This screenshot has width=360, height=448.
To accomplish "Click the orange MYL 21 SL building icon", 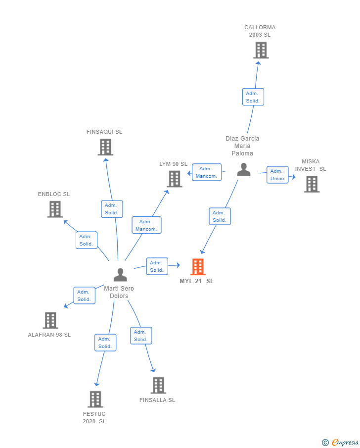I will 198,267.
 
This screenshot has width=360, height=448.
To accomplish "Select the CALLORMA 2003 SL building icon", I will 261,50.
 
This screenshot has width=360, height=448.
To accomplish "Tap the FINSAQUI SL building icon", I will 105,147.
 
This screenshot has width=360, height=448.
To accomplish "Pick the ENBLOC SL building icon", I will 55,209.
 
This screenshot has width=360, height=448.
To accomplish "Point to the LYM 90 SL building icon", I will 175,179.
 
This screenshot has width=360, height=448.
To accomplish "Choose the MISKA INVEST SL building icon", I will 312,184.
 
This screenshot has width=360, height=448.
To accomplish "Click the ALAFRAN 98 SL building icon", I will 50,320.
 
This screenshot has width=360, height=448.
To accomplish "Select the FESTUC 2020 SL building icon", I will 95,399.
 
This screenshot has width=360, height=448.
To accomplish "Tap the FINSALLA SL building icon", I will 158,385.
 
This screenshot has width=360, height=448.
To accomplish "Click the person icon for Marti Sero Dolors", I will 120,275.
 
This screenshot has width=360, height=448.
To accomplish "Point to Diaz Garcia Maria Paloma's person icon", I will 243,170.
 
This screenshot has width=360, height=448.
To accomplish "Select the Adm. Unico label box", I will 277,175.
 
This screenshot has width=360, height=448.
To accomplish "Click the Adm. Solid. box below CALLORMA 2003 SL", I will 253,97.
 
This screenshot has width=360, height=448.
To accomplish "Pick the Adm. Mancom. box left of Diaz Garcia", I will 206,172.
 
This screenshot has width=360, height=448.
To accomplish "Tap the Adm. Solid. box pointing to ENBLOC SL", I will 87,240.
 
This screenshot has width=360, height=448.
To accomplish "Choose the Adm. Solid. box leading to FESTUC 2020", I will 105,343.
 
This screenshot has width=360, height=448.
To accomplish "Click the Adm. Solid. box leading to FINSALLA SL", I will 141,336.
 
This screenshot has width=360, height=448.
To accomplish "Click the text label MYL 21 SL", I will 197,281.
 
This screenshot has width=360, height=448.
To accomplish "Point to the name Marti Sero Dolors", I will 119,292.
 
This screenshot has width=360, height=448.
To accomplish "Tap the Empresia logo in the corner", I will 341,442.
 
